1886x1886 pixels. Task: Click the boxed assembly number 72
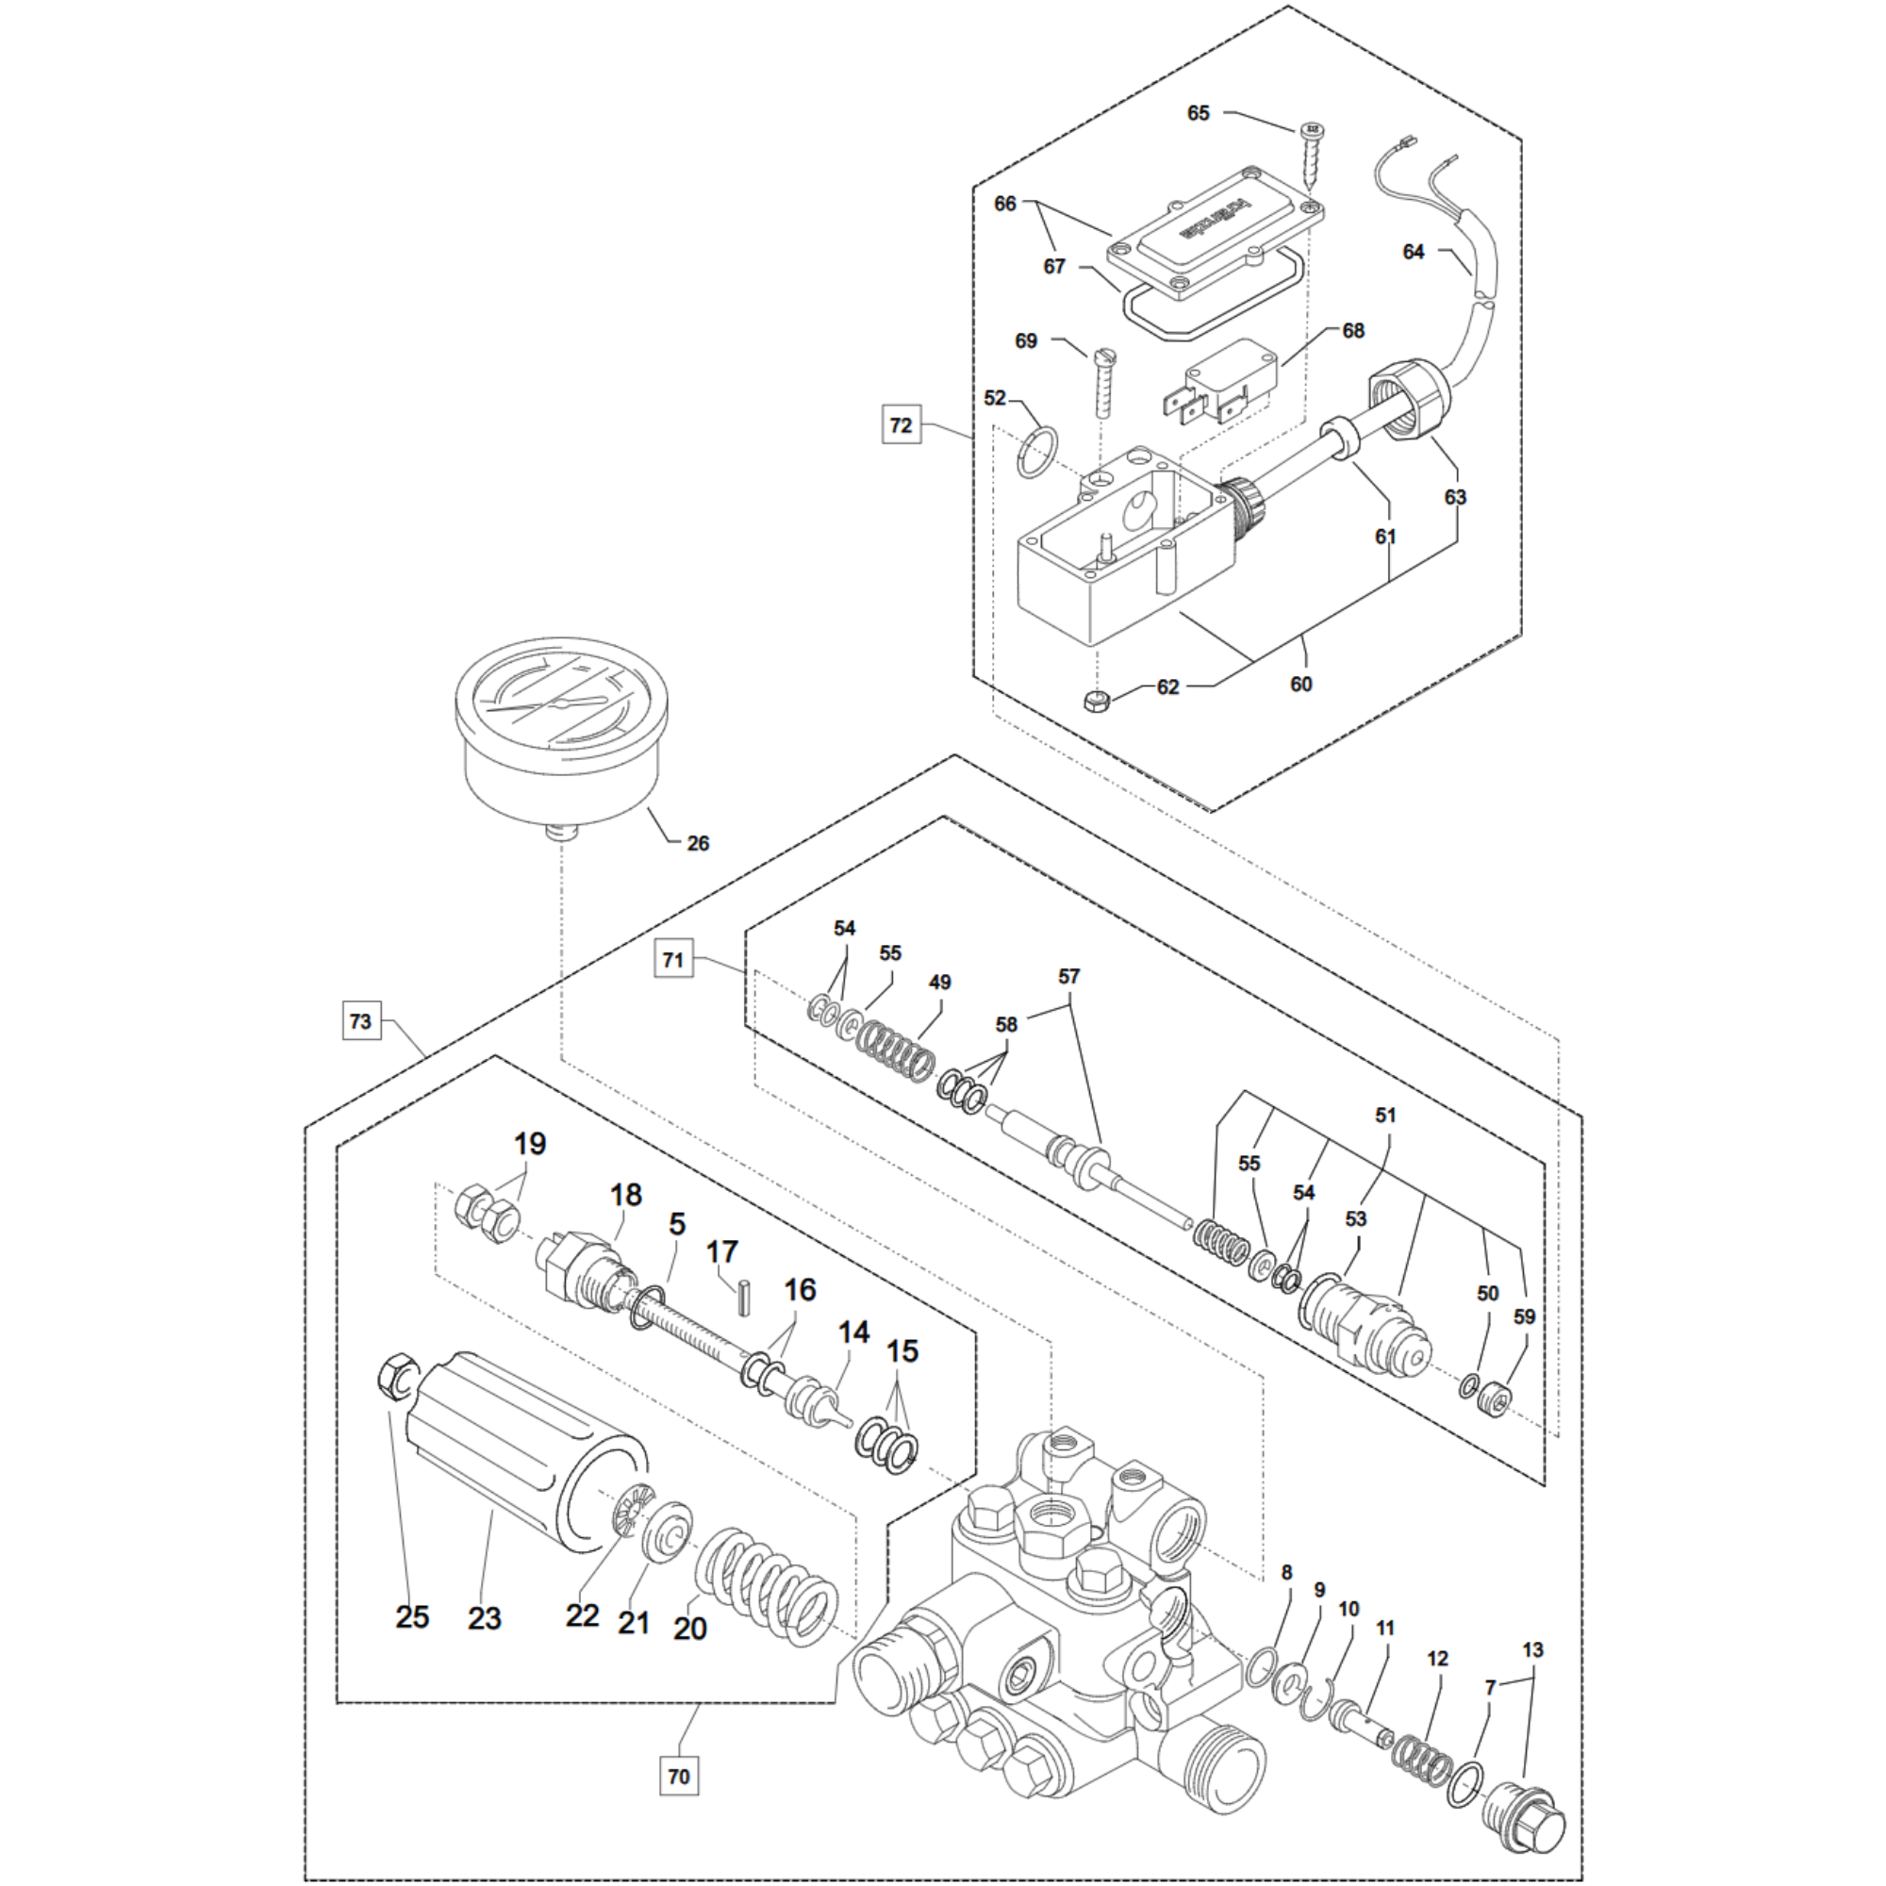tap(901, 425)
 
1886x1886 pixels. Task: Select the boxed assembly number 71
tap(673, 960)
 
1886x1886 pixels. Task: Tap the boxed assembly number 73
tap(360, 1021)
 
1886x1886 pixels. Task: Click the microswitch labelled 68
tap(1215, 382)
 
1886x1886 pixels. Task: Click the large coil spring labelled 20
tap(768, 1585)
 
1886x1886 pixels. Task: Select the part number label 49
tap(939, 983)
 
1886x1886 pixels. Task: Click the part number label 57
tap(1069, 976)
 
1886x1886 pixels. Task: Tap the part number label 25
tap(412, 1616)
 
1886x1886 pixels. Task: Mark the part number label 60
tap(1301, 685)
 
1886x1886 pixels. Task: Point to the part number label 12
tap(1437, 1659)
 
